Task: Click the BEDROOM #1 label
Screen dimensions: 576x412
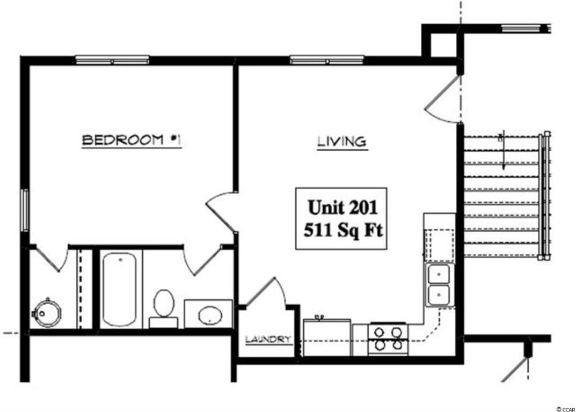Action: tap(132, 140)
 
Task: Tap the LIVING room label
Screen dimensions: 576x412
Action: tap(342, 142)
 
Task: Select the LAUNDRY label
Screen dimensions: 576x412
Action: tap(268, 340)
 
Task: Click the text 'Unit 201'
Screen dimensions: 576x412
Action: tap(342, 207)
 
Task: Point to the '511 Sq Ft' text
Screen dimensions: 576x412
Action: tap(343, 231)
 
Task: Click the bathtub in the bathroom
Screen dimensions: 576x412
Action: tap(119, 289)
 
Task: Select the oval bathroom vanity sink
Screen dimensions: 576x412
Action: tap(210, 315)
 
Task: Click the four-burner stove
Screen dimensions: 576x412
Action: tap(388, 339)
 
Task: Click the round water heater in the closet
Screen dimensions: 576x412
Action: tap(46, 314)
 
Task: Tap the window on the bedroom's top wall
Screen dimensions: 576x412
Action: tap(112, 60)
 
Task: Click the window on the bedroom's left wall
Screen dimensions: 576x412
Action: tap(25, 210)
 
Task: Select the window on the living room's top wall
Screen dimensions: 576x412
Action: tap(327, 60)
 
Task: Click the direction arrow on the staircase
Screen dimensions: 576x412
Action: tap(504, 150)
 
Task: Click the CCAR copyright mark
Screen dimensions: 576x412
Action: tap(566, 409)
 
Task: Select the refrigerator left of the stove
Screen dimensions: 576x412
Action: tap(327, 337)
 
